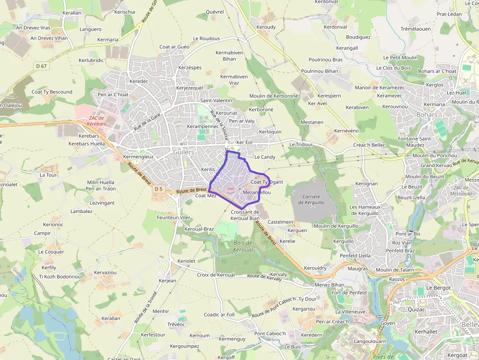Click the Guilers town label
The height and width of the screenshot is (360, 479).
point(183,152)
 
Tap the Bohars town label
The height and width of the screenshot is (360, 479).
point(414,115)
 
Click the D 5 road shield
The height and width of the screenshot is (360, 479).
point(158,189)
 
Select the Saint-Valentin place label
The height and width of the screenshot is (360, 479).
point(216,101)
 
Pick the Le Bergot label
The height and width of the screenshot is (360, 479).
point(438,288)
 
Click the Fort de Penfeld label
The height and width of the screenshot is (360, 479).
point(349,293)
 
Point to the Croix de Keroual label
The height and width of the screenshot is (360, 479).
point(216,275)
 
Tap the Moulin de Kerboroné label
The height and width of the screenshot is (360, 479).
point(273,96)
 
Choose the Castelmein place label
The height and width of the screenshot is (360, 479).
point(281,222)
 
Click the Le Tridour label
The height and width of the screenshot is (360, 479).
point(301,145)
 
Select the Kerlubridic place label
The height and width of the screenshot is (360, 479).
point(91,61)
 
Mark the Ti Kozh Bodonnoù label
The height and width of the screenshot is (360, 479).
point(60,276)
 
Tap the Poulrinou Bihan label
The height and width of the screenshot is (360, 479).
point(320,71)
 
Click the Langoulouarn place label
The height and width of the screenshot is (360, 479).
point(370,341)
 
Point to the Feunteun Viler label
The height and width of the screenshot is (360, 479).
point(174,217)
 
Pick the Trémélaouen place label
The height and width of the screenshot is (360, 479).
point(415,29)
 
